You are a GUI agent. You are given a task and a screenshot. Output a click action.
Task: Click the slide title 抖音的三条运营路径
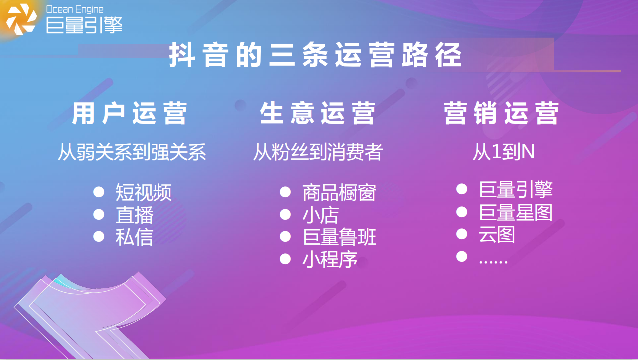316,55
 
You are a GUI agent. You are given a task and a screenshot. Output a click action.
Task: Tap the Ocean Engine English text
75,9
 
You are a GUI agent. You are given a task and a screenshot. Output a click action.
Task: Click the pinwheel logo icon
21,19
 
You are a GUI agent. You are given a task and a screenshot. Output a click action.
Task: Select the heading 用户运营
130,113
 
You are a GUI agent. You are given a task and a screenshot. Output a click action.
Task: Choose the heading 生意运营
318,113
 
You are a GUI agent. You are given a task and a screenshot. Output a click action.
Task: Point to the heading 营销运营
501,113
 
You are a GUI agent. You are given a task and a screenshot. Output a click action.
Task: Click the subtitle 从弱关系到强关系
132,152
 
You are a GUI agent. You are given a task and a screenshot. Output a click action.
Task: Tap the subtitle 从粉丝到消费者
318,152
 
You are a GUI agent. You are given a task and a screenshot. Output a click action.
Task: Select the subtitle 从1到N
503,152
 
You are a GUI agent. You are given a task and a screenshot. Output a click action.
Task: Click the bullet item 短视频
144,192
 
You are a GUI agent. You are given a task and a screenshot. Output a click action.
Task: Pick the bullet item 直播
134,215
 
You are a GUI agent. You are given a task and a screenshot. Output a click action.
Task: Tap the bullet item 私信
134,237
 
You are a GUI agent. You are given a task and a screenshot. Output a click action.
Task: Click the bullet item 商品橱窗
339,193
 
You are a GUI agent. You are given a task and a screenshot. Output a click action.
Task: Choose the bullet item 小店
320,215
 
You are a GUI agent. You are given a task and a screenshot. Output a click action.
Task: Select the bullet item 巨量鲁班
339,237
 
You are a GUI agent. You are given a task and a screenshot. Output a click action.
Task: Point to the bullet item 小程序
330,259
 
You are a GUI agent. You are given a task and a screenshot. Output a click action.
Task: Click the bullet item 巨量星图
516,212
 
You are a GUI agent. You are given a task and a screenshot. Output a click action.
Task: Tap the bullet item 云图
497,234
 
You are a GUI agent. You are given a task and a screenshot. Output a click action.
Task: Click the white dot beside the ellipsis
462,256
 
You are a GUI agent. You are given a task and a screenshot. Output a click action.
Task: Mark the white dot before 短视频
99,192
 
